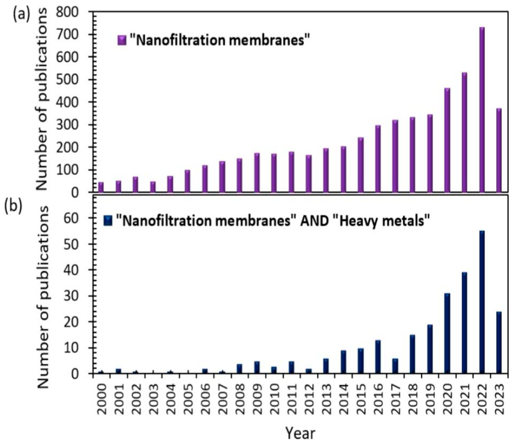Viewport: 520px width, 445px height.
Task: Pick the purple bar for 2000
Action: (101, 187)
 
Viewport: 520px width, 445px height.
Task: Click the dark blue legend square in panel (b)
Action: (108, 221)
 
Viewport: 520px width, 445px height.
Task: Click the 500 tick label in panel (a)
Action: (71, 80)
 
